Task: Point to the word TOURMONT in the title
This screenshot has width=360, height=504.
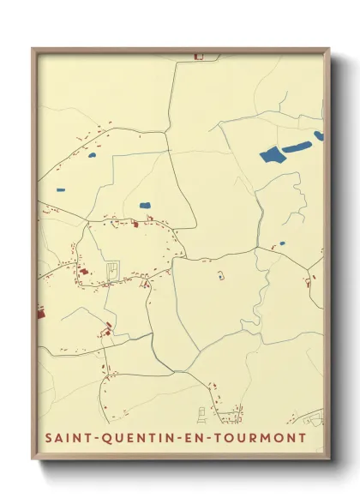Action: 255,439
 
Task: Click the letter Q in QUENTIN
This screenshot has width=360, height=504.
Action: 105,439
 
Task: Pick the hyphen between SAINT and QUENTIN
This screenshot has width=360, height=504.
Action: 93,439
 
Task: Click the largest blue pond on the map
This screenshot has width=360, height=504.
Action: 271,154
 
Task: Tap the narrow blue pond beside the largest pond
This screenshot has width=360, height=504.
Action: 298,147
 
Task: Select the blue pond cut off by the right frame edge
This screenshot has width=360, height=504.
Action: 319,135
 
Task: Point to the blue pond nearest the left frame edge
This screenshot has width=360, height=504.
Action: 60,190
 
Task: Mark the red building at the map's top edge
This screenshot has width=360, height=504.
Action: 199,57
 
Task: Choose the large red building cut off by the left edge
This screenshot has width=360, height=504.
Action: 40,315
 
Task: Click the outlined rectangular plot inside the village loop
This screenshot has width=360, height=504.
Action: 111,273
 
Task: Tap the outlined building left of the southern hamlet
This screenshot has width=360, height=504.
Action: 203,415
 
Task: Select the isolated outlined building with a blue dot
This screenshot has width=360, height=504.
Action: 220,274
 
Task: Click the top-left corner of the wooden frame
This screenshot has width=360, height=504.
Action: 33,48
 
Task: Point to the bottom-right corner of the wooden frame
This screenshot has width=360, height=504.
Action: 330,459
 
